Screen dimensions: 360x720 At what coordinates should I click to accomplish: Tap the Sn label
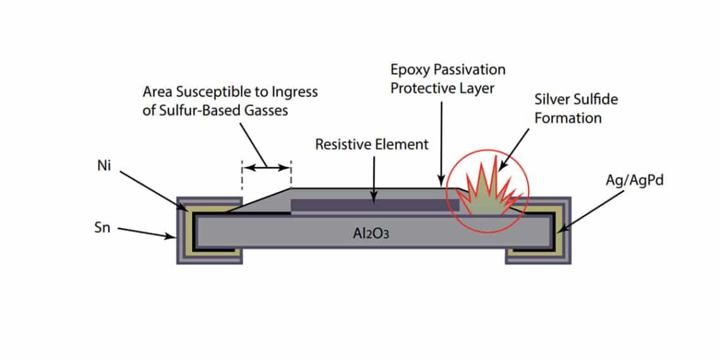tap(102, 228)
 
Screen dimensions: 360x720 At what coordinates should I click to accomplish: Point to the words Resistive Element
tap(371, 145)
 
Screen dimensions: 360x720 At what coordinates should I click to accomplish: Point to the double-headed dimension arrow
tap(266, 167)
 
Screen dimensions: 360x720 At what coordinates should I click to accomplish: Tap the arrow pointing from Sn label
tap(146, 233)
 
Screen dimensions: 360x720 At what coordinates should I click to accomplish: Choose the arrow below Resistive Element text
tap(375, 179)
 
